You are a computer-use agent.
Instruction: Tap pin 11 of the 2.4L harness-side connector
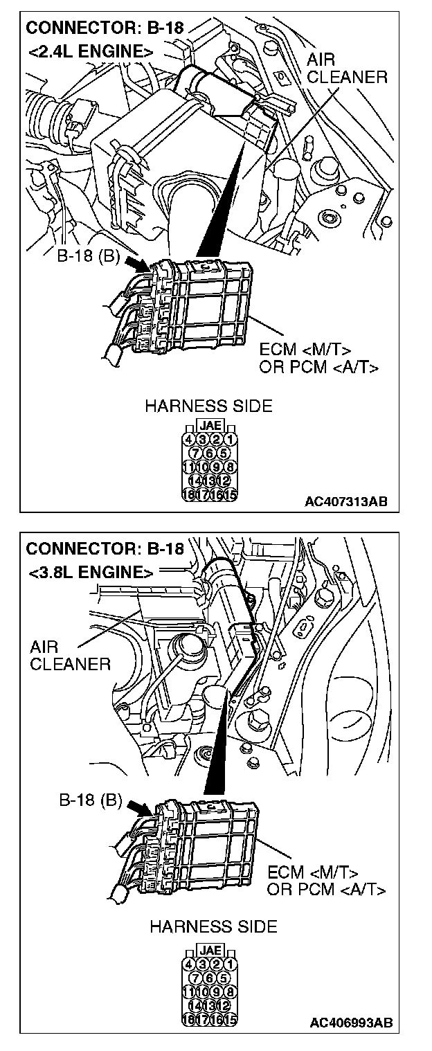188,467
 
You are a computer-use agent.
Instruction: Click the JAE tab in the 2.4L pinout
209,426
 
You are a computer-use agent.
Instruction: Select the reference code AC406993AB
352,1022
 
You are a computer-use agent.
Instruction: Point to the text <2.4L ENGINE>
90,52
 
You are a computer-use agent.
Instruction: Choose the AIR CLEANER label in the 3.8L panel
70,656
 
